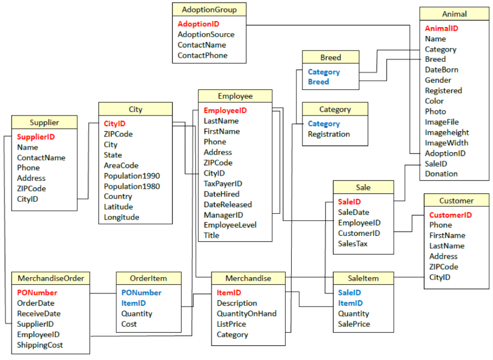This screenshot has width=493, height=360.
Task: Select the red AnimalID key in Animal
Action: (441, 28)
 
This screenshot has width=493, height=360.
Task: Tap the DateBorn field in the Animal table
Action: (441, 70)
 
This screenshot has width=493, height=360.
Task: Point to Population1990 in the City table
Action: (132, 176)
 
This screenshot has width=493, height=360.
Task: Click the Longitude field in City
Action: (121, 217)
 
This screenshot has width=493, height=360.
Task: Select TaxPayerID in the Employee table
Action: (223, 183)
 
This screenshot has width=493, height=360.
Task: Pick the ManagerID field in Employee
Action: (223, 215)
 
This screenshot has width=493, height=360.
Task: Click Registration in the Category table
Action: (329, 134)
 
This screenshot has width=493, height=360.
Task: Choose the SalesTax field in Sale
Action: (353, 244)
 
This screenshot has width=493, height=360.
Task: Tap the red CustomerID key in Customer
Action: (451, 215)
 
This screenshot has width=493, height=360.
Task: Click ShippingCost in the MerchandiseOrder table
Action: (40, 345)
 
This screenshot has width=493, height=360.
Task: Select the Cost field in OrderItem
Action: (129, 324)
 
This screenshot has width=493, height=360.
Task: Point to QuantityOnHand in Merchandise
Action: (246, 313)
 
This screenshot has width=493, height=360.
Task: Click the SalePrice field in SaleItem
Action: (354, 324)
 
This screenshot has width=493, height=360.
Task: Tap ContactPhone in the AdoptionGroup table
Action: (202, 55)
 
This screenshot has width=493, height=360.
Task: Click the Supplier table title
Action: (44, 122)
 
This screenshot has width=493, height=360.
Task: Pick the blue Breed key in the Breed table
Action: (318, 82)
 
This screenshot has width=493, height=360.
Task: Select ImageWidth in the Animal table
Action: (446, 143)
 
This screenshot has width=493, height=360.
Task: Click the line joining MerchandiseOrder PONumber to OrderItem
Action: (103, 293)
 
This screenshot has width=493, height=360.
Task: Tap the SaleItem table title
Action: (363, 278)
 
